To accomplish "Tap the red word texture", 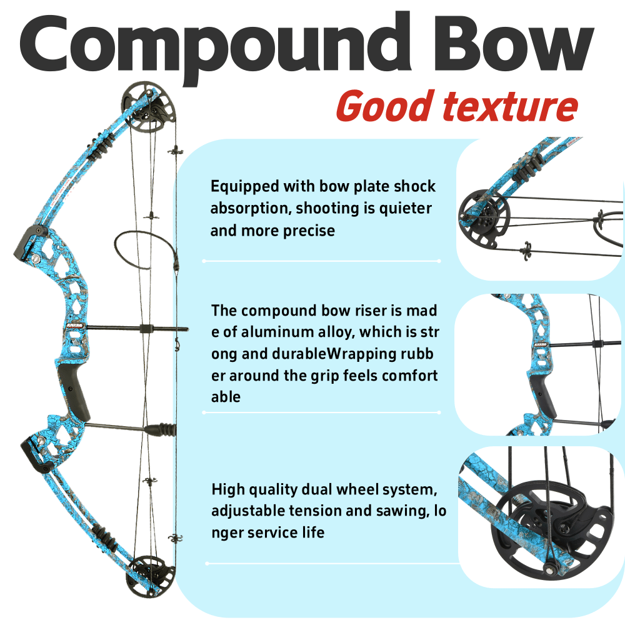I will point(509,106).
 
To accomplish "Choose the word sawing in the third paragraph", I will point(397,511).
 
